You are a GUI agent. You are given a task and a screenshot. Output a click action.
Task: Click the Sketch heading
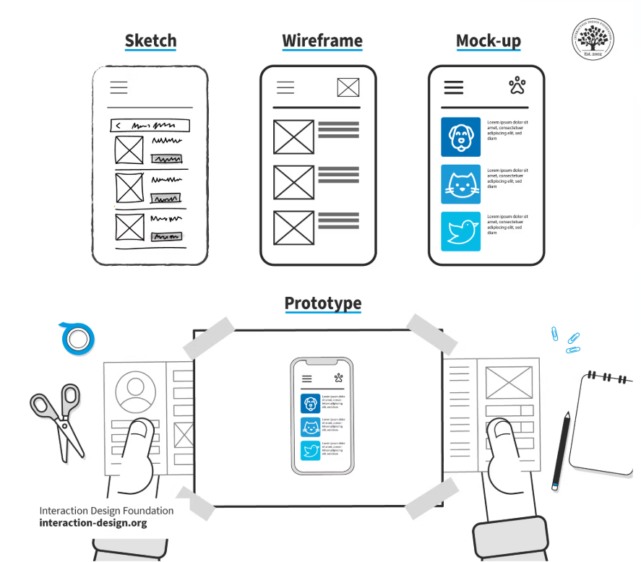(150, 40)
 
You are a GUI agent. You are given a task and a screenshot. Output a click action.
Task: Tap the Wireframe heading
(322, 40)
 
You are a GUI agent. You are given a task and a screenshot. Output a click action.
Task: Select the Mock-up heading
(488, 40)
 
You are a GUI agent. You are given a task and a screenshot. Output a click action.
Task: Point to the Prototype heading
(322, 303)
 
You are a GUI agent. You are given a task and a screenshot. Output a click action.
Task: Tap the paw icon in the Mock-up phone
(517, 87)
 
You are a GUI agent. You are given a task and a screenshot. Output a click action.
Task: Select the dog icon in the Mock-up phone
(460, 137)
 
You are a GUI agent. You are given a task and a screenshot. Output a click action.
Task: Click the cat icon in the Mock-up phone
(460, 184)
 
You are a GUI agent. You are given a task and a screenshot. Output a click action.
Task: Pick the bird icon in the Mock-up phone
(460, 231)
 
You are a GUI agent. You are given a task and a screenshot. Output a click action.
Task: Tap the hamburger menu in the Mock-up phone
(454, 87)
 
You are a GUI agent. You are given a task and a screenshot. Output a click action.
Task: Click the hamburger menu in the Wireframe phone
(285, 87)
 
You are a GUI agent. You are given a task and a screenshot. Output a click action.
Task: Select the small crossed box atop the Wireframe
(348, 87)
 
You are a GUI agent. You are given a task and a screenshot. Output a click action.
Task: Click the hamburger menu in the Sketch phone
(119, 87)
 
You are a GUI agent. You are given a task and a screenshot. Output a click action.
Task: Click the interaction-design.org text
(93, 523)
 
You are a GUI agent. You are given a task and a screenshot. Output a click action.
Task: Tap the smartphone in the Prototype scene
(322, 415)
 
